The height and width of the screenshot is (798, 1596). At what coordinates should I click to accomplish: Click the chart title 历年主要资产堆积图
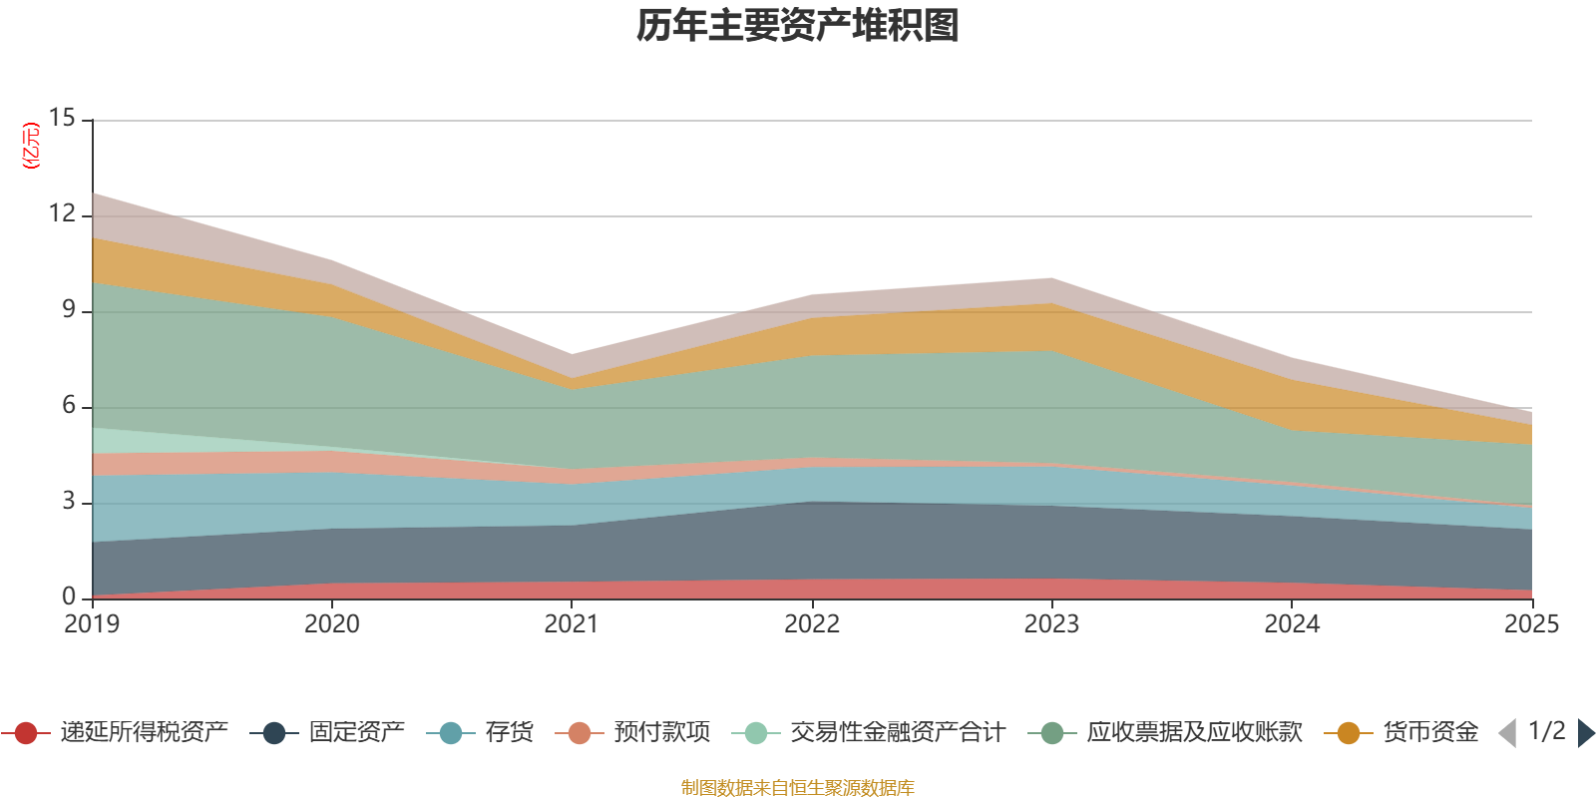pyautogui.click(x=798, y=26)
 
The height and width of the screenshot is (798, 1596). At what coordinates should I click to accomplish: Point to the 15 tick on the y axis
pyautogui.click(x=62, y=119)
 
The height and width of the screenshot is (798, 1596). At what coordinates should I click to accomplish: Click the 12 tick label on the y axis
pyautogui.click(x=62, y=213)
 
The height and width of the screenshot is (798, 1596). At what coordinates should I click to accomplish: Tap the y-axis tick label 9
pyautogui.click(x=68, y=309)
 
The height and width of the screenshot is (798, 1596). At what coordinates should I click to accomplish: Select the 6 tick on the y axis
pyautogui.click(x=68, y=405)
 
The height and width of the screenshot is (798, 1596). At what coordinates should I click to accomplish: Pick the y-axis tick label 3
pyautogui.click(x=68, y=501)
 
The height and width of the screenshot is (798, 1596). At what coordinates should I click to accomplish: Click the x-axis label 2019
pyautogui.click(x=92, y=624)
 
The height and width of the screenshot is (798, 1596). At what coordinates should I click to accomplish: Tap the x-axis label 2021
pyautogui.click(x=572, y=624)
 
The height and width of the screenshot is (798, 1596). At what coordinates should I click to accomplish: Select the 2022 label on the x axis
pyautogui.click(x=812, y=624)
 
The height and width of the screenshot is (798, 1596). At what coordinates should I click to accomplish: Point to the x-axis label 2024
pyautogui.click(x=1292, y=624)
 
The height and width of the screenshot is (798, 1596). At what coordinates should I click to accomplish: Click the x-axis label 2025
pyautogui.click(x=1531, y=624)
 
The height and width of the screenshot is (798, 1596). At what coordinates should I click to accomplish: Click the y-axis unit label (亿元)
pyautogui.click(x=31, y=146)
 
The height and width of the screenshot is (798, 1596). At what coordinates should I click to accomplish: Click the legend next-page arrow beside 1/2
pyautogui.click(x=1585, y=733)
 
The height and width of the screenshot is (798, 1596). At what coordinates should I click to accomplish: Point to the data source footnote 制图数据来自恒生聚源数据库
pyautogui.click(x=798, y=788)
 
